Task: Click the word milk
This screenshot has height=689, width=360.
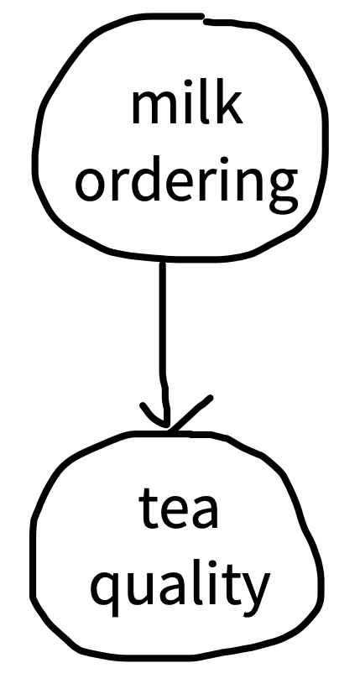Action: (187, 102)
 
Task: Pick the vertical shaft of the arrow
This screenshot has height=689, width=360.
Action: (163, 342)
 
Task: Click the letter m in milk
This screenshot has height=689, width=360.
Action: (152, 107)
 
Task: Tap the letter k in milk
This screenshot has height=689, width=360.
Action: (229, 102)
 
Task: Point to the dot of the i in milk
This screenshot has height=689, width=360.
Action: (188, 83)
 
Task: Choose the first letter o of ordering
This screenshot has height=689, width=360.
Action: (91, 185)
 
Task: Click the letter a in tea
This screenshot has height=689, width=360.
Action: (205, 511)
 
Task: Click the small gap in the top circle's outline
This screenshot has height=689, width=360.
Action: (204, 18)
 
